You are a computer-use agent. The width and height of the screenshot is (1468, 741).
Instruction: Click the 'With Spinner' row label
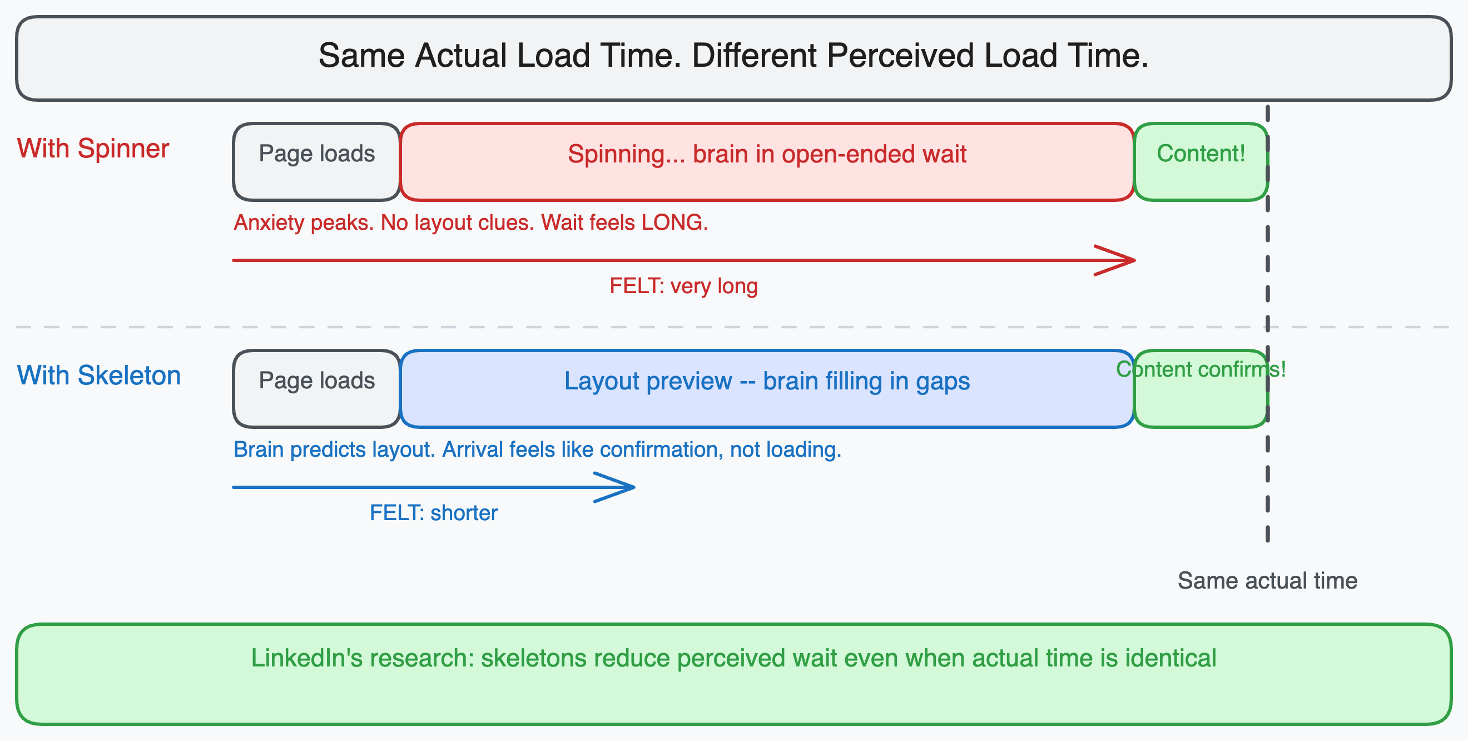point(93,149)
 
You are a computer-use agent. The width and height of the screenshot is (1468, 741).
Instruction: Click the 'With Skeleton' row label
point(98,376)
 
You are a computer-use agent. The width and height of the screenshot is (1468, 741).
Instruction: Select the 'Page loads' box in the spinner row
point(316,161)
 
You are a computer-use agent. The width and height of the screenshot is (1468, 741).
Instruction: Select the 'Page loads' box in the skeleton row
point(316,388)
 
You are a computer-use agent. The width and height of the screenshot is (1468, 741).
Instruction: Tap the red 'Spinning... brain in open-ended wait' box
point(766,161)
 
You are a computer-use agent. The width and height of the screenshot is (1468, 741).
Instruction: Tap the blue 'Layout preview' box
point(766,388)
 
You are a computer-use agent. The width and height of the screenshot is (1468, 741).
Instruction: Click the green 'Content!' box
point(1201,161)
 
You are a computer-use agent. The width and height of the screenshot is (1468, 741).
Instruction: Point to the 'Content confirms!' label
point(1201,369)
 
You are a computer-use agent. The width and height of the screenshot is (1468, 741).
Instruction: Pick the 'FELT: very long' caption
point(683,286)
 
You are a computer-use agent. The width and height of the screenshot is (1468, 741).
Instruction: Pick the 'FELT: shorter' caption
point(433,513)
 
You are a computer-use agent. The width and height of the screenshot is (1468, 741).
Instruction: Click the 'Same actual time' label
point(1267,581)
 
